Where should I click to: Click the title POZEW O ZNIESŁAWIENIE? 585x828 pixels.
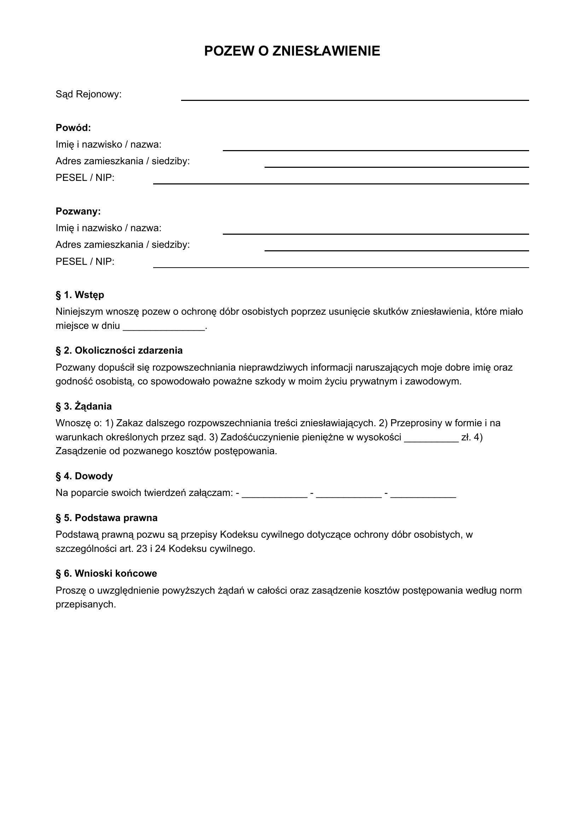coord(292,51)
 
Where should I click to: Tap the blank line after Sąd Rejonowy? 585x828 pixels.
coord(354,99)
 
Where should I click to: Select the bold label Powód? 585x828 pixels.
coord(73,128)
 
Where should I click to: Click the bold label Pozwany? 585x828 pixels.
coord(78,211)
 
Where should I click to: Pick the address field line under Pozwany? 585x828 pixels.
coord(396,249)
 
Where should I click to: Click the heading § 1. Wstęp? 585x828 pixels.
coord(80,295)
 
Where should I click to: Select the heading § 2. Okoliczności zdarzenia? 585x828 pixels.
coord(119,350)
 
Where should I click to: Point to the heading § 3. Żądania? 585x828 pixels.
coord(83,406)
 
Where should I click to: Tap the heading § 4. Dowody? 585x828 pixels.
coord(84,476)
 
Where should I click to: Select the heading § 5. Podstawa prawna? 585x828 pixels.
coord(106,518)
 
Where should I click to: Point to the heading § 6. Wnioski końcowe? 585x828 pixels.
coord(106,573)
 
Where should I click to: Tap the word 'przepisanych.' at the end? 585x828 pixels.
coord(86,604)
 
